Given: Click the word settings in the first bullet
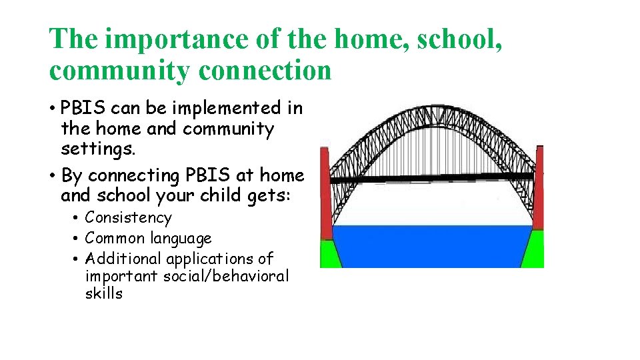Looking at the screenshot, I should (x=98, y=149).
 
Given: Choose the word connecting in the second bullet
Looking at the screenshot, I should (x=134, y=176).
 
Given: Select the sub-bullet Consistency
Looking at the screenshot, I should (x=128, y=218).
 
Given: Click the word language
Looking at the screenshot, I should (x=181, y=239).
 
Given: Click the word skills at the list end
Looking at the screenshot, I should (x=104, y=294).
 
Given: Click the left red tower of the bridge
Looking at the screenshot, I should (x=325, y=193).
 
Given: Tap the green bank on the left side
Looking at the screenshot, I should (x=329, y=253).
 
